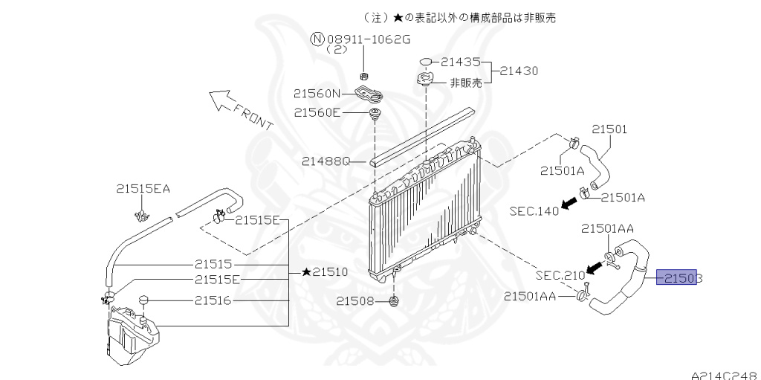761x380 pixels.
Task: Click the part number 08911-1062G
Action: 369,39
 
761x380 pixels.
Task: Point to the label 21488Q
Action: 326,161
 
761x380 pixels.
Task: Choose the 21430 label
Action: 519,71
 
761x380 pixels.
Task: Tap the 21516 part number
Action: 213,300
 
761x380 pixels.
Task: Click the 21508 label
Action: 356,302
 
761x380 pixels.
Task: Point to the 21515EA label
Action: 143,189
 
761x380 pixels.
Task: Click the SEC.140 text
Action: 534,211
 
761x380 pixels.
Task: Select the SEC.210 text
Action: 560,276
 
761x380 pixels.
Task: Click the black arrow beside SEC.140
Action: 570,204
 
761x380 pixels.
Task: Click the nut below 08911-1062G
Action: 364,76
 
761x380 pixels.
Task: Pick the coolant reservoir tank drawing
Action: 132,335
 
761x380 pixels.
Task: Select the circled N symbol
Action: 317,39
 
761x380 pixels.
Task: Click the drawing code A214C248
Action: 725,375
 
